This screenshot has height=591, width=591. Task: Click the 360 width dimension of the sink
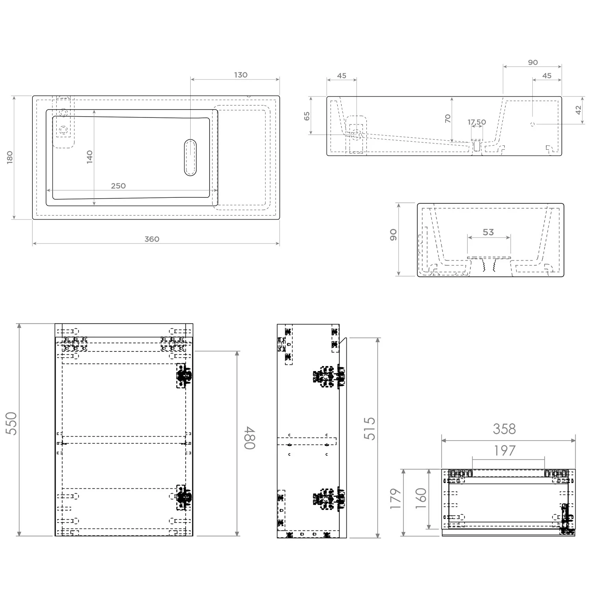coord(152,239)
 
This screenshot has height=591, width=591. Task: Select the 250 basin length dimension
coord(118,186)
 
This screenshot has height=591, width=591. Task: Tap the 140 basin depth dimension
coord(90,157)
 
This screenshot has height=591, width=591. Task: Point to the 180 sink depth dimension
coord(10,157)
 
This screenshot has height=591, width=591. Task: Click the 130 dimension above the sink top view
coord(241,75)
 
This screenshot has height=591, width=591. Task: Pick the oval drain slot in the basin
coord(190,157)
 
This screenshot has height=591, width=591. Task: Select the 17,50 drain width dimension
coord(477,122)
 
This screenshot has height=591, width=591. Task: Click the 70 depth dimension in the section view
coord(448,118)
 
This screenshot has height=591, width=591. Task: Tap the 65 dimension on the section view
coord(307,116)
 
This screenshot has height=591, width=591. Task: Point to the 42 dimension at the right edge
coord(578,110)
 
